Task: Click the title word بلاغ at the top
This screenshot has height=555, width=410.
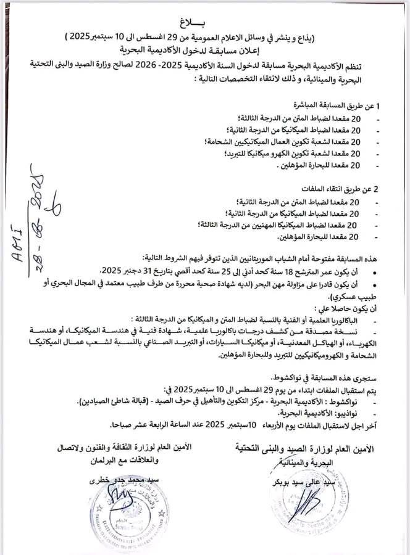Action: pyautogui.click(x=204, y=22)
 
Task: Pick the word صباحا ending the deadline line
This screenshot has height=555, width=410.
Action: pyautogui.click(x=122, y=425)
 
